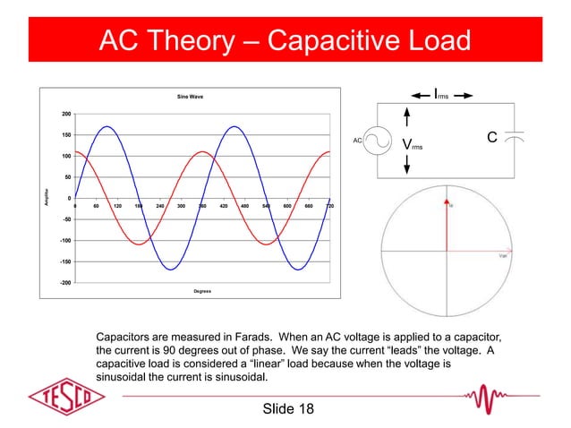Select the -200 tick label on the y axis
(65, 282)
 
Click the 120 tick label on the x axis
(117, 206)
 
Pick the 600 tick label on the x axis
(287, 206)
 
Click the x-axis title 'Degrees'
(201, 291)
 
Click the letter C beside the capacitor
(491, 138)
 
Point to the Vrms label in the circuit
(413, 145)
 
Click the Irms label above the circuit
(440, 93)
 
